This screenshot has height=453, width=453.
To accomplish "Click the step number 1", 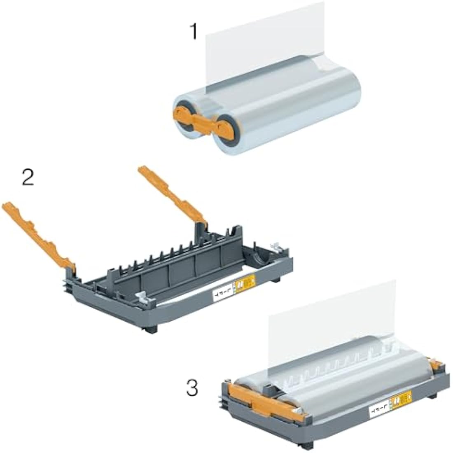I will [x=193, y=32].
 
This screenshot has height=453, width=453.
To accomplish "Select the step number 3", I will [x=192, y=388].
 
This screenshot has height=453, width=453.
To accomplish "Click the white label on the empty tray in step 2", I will [x=222, y=293].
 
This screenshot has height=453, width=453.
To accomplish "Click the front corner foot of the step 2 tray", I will [x=152, y=329].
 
